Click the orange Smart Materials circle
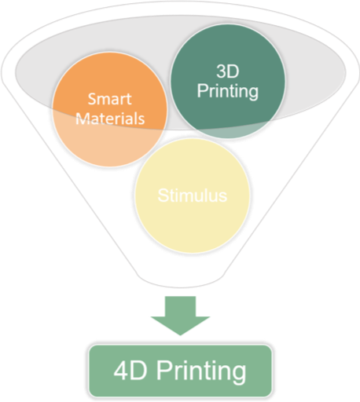point(110,109)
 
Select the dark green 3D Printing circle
point(228,82)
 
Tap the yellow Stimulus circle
point(193,196)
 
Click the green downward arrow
point(180,316)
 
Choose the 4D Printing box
point(180,371)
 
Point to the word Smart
point(109,99)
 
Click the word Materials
point(110,119)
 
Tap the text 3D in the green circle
point(228,71)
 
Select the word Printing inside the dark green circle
point(228,91)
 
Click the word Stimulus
point(193,196)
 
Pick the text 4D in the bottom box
point(130,371)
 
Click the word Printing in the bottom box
point(201,372)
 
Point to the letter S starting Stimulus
point(163,196)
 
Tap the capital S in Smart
point(92,99)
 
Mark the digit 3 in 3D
point(222,71)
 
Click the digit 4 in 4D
point(121,371)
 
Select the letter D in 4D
point(138,371)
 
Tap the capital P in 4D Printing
point(163,371)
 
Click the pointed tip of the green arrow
point(180,335)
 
